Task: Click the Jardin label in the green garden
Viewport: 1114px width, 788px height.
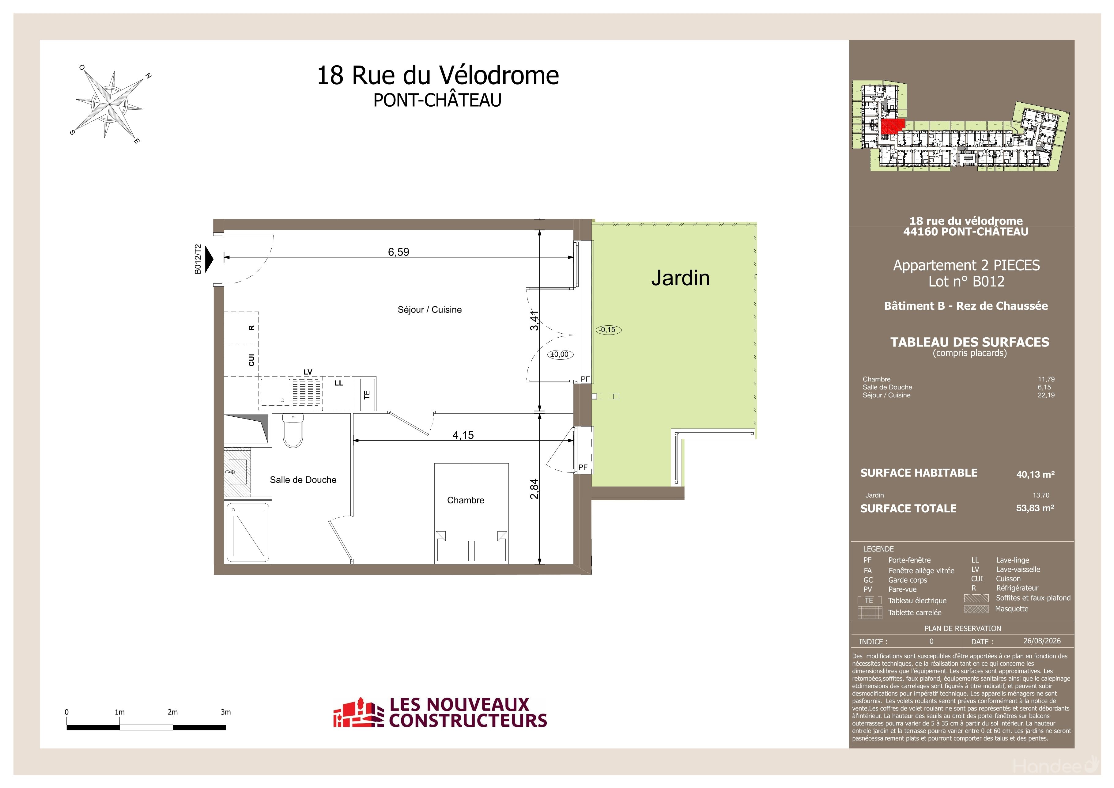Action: pyautogui.click(x=680, y=278)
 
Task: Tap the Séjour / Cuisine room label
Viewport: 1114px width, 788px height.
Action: pyautogui.click(x=429, y=309)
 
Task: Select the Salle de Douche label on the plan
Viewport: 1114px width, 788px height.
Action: pyautogui.click(x=303, y=480)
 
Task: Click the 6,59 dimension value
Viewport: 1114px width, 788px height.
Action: pyautogui.click(x=398, y=252)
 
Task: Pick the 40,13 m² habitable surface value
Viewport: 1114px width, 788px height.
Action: pyautogui.click(x=1035, y=474)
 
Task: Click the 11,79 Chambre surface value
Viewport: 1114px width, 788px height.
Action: pyautogui.click(x=1046, y=379)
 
